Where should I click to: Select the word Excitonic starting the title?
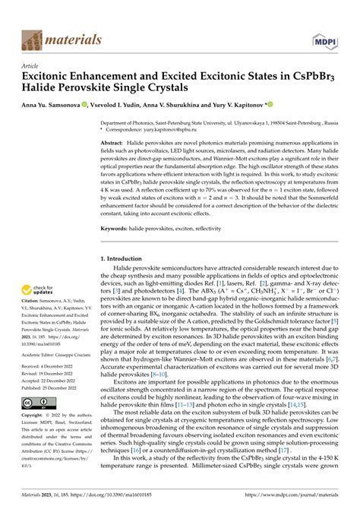tap(54, 77)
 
